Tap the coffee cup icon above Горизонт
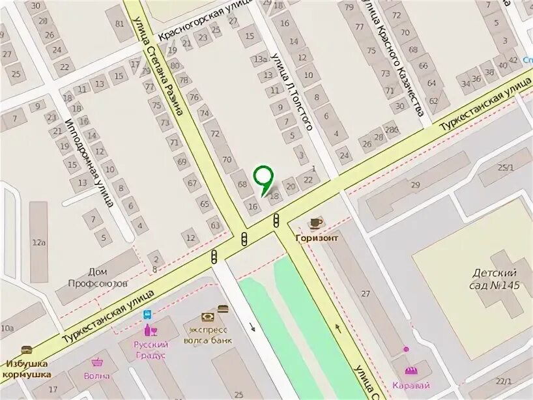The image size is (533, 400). [315, 223]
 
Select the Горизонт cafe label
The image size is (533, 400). [316, 238]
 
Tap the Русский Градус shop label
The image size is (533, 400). [151, 350]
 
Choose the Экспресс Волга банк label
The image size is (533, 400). [208, 333]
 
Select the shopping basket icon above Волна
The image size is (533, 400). [97, 362]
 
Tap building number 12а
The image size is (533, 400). [38, 242]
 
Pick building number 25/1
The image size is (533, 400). [505, 167]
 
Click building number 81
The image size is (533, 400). [119, 24]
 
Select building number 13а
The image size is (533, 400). [261, 59]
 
